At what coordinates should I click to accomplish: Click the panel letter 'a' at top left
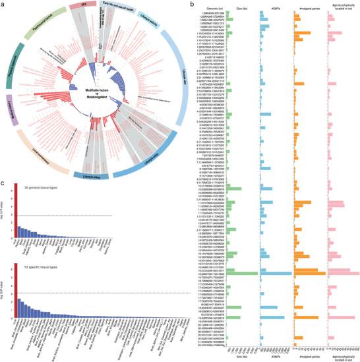tap(3, 4)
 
